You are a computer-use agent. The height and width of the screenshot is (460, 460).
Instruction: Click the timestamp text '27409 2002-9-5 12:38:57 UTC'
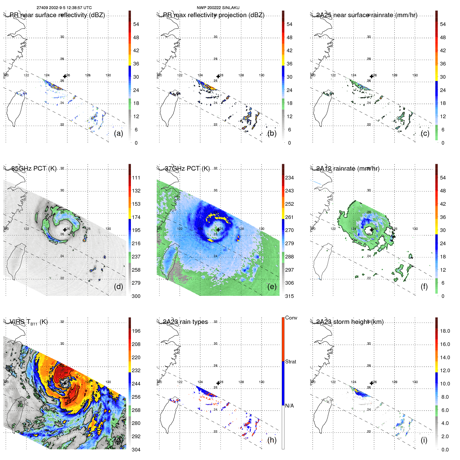pyautogui.click(x=64, y=8)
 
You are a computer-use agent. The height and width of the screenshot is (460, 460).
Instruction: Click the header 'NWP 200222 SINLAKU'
pyautogui.click(x=218, y=8)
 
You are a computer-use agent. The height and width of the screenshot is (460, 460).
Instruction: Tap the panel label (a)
pyautogui.click(x=118, y=133)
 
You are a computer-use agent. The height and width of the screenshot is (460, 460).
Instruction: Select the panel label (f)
pyautogui.click(x=424, y=286)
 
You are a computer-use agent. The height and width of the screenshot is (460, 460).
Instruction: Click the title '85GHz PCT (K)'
pyautogui.click(x=34, y=168)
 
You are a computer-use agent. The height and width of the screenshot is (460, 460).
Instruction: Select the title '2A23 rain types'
pyautogui.click(x=185, y=322)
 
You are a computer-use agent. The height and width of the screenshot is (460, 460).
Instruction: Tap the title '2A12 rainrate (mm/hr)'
pyautogui.click(x=348, y=168)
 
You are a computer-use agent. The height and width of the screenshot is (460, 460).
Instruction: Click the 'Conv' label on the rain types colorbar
pyautogui.click(x=291, y=318)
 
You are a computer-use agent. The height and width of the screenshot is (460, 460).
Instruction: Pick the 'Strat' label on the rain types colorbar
pyautogui.click(x=291, y=362)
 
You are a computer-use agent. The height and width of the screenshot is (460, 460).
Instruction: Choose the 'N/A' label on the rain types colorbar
pyautogui.click(x=289, y=405)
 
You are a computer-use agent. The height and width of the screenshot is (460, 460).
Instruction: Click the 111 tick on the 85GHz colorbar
pyautogui.click(x=136, y=178)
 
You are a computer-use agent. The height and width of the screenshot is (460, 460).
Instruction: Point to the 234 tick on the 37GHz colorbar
pyautogui.click(x=289, y=178)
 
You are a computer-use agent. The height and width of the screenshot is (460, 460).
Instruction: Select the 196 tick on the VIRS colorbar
pyautogui.click(x=136, y=331)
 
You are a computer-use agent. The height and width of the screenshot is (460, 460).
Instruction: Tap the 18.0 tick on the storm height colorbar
pyautogui.click(x=445, y=331)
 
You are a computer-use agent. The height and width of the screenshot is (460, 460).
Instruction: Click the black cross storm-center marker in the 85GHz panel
pyautogui.click(x=65, y=230)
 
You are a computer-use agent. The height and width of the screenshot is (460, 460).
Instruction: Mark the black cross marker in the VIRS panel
pyautogui.click(x=65, y=383)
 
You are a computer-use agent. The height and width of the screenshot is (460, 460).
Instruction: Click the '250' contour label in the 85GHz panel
pyautogui.click(x=53, y=241)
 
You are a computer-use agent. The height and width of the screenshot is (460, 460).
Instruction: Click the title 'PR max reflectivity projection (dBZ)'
pyautogui.click(x=214, y=15)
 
